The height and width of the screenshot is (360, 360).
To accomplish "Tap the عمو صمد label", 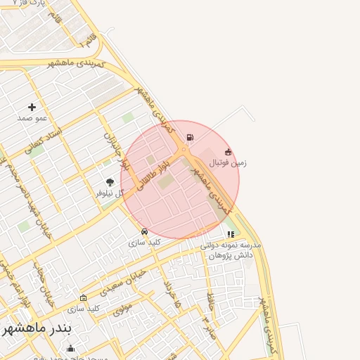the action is pos(32,118).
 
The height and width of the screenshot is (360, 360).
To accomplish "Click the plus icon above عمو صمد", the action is pos(32,107).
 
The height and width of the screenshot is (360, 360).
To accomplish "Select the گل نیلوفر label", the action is pos(110,193).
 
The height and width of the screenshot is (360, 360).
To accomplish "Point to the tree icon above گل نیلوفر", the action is pos(110,182).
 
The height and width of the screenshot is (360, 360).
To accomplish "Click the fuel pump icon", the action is pos(190,138).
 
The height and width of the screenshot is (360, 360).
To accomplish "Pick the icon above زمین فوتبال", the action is pos(228,152).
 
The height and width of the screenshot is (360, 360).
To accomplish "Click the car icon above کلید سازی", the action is pos(145,231).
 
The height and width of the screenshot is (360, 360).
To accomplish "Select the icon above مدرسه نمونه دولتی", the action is pos(231,234).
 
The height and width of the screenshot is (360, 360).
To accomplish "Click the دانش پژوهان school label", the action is pos(231,255).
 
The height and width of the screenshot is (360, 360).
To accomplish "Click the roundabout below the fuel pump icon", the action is pos(184,150).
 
